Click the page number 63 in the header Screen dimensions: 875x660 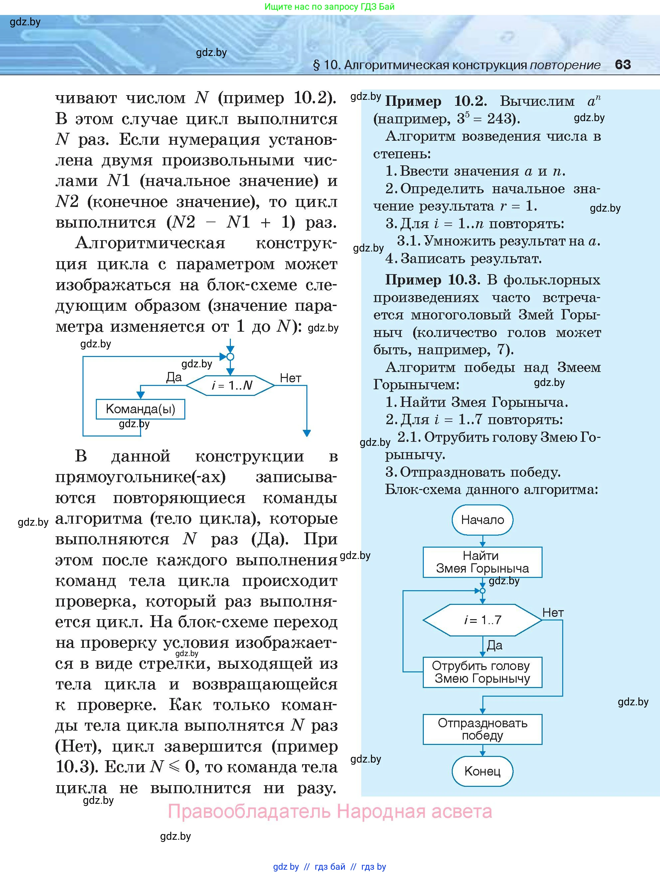click(x=623, y=65)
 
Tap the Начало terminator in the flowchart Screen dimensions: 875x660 click(x=482, y=519)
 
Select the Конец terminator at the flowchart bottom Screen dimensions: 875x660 click(x=482, y=771)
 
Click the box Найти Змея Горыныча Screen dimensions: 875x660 click(x=482, y=562)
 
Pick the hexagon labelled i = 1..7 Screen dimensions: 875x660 click(x=482, y=620)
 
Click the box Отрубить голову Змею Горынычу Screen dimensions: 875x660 click(x=482, y=672)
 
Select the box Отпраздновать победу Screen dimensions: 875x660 click(x=482, y=729)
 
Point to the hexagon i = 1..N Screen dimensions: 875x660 click(x=231, y=385)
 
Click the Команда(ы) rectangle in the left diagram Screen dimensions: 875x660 click(x=140, y=409)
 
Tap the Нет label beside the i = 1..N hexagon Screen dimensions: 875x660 click(x=291, y=378)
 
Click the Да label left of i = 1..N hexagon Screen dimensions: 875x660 click(x=174, y=377)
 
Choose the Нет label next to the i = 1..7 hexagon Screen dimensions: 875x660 click(x=553, y=613)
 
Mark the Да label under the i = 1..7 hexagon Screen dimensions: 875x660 click(x=494, y=645)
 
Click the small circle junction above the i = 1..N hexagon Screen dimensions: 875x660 click(x=231, y=357)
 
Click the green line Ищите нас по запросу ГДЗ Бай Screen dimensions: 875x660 click(x=329, y=7)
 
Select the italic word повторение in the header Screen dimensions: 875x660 click(x=565, y=65)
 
